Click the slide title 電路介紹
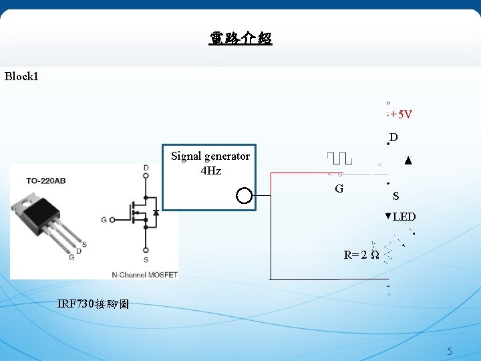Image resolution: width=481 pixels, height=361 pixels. coord(240,39)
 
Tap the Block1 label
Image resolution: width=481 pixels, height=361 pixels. coord(21,76)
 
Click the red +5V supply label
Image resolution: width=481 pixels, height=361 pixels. coord(402,114)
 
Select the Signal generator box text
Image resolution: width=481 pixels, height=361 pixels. coord(210,156)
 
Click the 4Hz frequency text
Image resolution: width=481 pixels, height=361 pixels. coord(210,170)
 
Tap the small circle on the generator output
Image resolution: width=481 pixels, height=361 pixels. coord(245,196)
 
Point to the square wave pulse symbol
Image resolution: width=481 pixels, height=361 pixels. coord(340,158)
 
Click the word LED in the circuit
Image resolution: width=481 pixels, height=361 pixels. coord(404,217)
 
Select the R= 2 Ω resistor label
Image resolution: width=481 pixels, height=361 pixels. coord(361,255)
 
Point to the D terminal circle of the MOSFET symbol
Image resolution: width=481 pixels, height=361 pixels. coord(146,176)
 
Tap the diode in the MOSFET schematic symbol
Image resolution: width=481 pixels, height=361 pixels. coord(155,212)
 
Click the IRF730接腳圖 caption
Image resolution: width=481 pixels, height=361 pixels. coord(94,304)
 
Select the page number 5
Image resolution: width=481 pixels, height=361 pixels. coord(450,352)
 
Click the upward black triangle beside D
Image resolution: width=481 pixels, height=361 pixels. coord(408,161)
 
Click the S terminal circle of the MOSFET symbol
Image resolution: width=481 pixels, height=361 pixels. coord(146,250)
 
